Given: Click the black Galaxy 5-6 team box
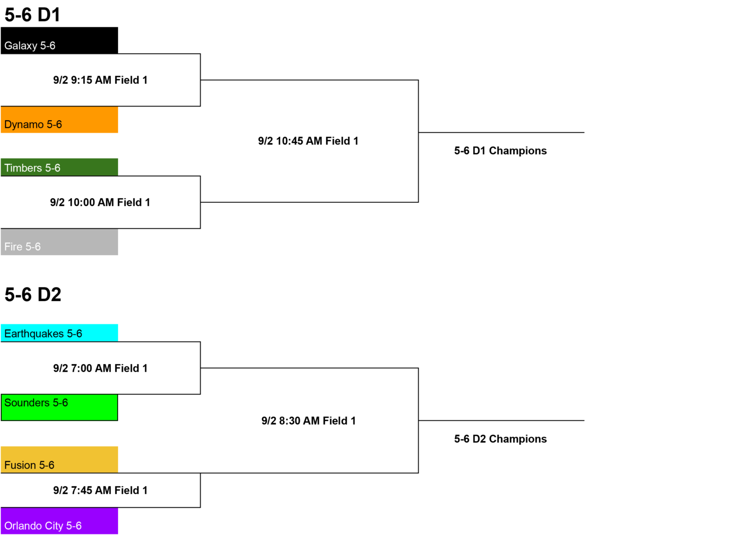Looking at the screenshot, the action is [59, 41].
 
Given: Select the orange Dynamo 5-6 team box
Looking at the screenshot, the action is [59, 120].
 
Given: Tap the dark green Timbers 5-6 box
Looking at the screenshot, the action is [59, 167].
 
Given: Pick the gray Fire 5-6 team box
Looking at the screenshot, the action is [59, 242].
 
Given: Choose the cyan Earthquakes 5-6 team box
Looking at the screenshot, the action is [59, 333].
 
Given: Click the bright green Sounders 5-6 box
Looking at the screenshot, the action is [59, 407].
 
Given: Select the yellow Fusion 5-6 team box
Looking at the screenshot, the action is [59, 460].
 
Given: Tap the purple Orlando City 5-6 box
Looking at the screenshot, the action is [59, 521].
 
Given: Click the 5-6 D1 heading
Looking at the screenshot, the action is [33, 15].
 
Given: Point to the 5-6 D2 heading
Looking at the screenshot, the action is [33, 295].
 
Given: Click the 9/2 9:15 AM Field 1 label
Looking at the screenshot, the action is [101, 80].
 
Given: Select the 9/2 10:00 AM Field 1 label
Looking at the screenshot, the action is [100, 202].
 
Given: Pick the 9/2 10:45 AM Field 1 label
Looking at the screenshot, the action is [308, 141].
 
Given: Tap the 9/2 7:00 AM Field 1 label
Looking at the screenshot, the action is [101, 368].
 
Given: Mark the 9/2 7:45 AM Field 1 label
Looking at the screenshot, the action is [101, 491].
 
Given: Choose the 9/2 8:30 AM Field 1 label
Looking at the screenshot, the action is [309, 421].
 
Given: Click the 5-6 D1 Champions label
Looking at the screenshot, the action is [500, 151].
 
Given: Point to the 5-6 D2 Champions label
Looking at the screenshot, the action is [500, 439].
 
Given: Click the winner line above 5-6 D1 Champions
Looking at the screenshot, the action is [501, 132].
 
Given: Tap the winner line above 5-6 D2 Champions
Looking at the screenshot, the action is [501, 421].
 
